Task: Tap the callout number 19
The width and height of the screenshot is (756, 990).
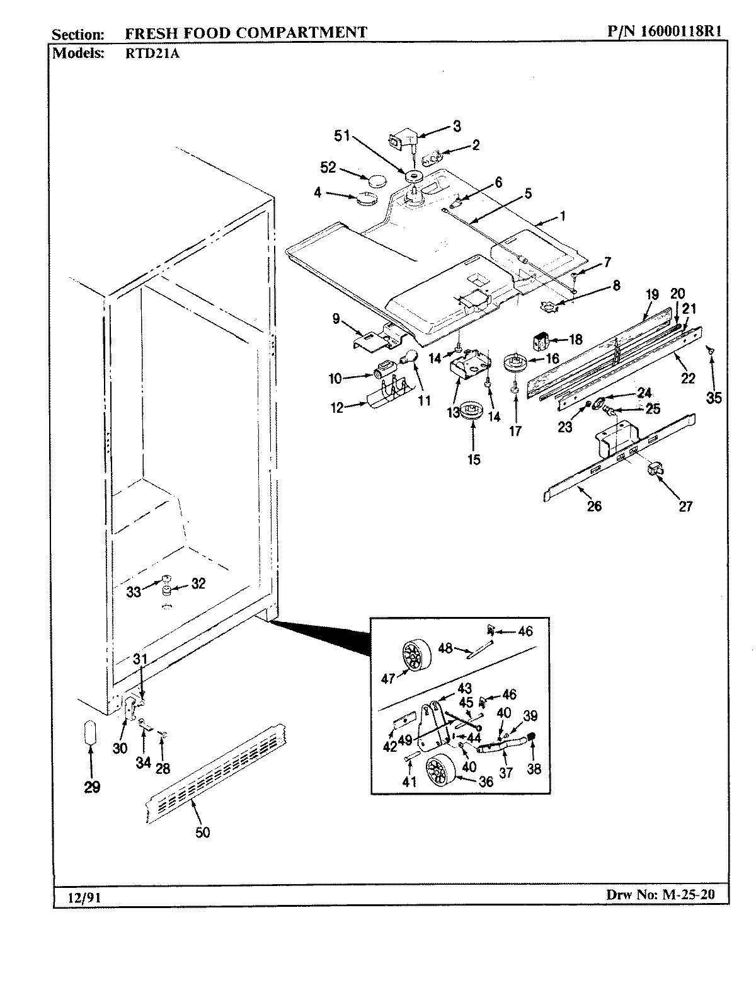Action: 651,294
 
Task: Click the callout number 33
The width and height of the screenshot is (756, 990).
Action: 134,592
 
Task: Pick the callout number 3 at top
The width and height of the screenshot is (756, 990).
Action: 457,126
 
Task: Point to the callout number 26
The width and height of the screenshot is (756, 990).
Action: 594,505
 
